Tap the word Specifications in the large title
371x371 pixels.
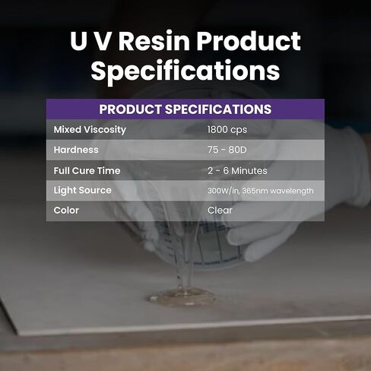[185, 71]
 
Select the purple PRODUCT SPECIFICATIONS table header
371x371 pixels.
[185, 109]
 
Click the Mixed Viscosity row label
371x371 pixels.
[90, 130]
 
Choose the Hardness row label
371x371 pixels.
[76, 150]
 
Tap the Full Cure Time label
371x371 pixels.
[87, 170]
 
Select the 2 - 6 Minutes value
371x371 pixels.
[237, 170]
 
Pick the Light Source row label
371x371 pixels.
[82, 190]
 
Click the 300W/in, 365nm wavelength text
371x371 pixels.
[260, 191]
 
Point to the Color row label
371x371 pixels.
[66, 210]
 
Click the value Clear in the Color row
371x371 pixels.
[220, 210]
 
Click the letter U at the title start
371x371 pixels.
[79, 41]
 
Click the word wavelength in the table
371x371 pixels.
[293, 191]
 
